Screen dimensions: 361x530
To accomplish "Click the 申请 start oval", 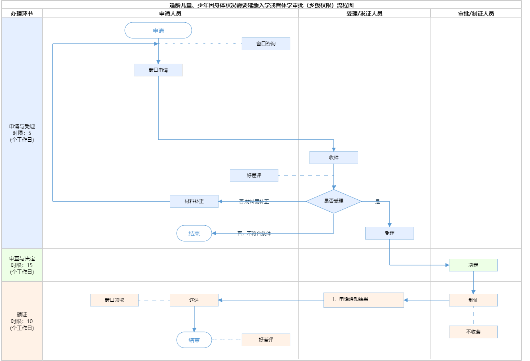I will point(158,31).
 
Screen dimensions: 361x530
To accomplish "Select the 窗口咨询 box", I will point(266,44).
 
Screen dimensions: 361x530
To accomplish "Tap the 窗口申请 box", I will point(158,70).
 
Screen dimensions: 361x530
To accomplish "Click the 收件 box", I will point(334,158).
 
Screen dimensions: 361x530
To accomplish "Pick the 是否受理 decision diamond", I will point(334,201).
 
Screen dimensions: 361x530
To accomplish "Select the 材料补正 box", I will point(194,201).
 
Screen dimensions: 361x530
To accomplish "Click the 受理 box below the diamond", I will point(390,233).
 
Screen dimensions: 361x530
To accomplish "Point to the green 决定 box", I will point(473,265).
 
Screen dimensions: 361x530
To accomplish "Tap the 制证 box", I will point(473,300).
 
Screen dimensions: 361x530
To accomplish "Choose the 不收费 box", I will point(473,332).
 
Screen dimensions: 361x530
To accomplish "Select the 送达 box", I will point(194,300).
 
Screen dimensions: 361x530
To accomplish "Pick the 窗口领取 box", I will point(114,300).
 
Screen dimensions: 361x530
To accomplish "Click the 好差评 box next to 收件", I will point(254,176).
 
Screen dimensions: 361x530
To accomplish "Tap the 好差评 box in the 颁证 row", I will point(266,340).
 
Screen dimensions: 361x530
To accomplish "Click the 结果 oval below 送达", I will point(194,340).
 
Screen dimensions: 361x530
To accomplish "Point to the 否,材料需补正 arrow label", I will point(254,202).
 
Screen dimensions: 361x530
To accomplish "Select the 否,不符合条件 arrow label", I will point(254,234).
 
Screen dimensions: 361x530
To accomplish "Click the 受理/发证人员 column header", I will point(364,14).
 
